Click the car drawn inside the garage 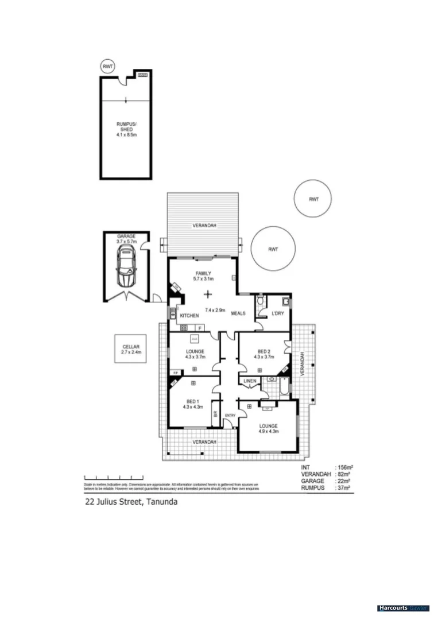pos(125,269)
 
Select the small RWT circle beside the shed pos(107,67)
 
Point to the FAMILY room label pos(203,273)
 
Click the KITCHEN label pos(189,316)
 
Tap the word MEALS pos(238,313)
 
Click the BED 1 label pos(192,401)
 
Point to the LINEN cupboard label pos(249,381)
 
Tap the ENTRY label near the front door pos(230,415)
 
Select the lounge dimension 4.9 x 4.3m pos(268,431)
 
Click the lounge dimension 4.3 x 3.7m pos(195,356)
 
